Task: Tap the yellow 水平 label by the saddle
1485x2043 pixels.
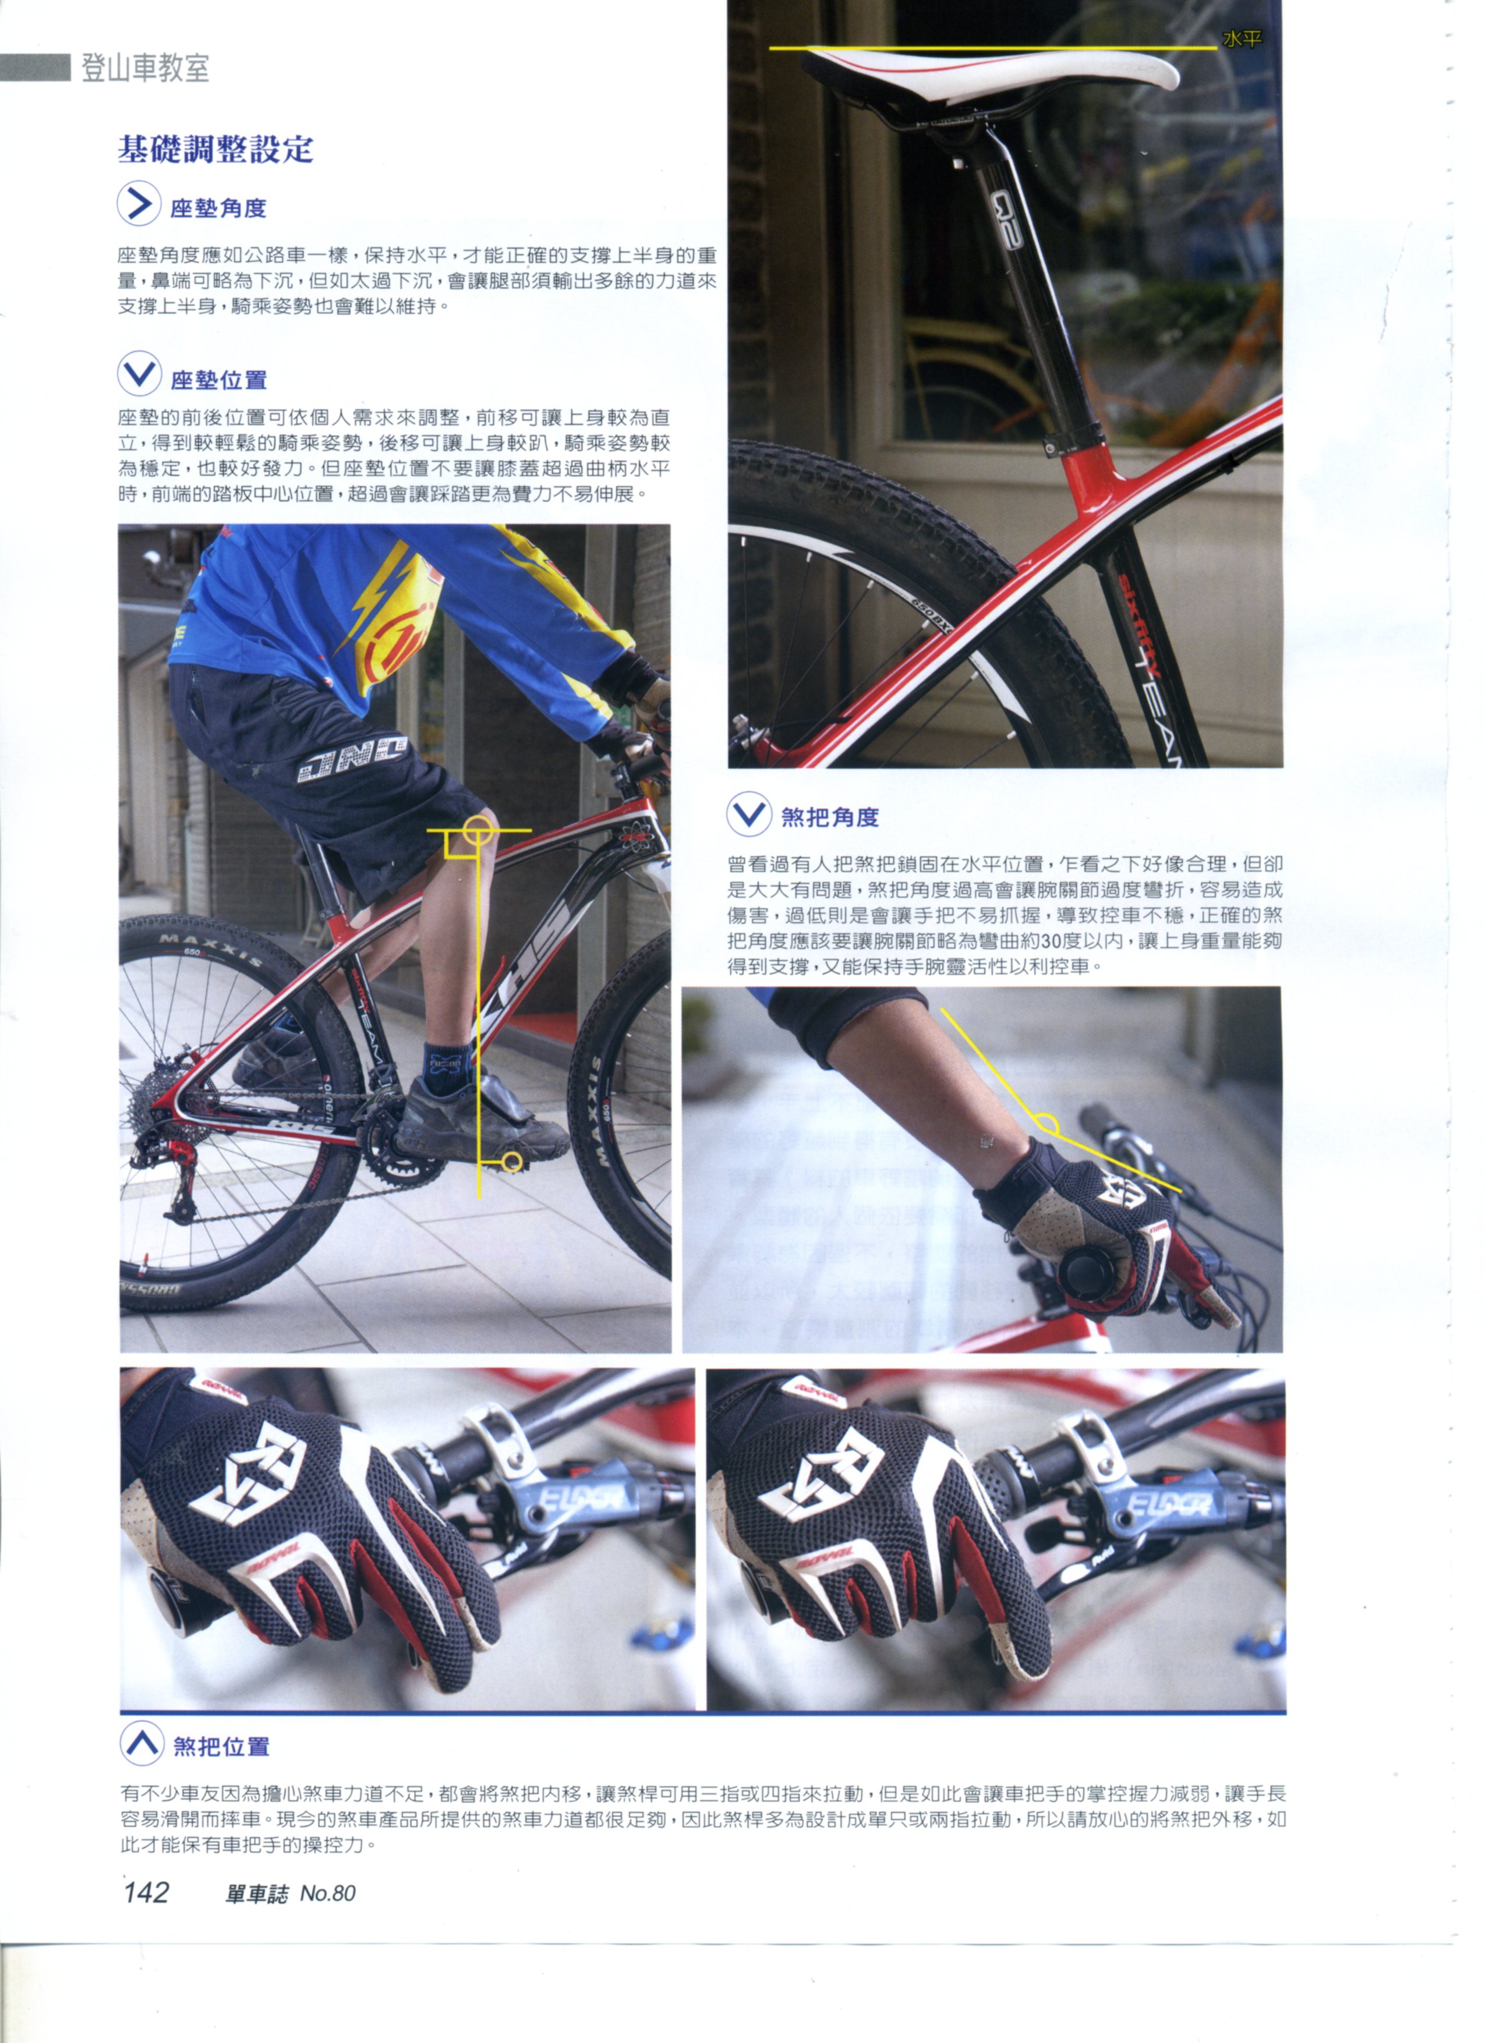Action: (x=1242, y=39)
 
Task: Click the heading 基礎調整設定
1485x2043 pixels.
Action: (x=215, y=148)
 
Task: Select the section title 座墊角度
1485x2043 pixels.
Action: (x=219, y=208)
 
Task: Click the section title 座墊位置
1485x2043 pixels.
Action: (x=219, y=380)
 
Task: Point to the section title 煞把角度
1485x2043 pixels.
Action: (x=830, y=817)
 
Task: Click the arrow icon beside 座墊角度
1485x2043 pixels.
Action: (x=139, y=204)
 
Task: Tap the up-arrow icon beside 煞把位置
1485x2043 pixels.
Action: (x=142, y=1743)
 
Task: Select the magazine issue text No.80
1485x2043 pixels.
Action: (x=328, y=1893)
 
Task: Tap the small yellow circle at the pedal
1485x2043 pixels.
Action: (x=511, y=1162)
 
